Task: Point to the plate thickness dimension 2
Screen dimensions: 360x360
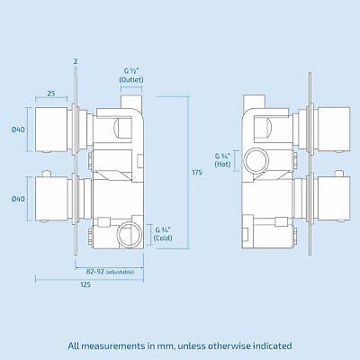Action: point(76,61)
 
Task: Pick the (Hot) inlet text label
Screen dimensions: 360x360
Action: point(223,166)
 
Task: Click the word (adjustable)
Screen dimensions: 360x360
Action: point(119,271)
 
